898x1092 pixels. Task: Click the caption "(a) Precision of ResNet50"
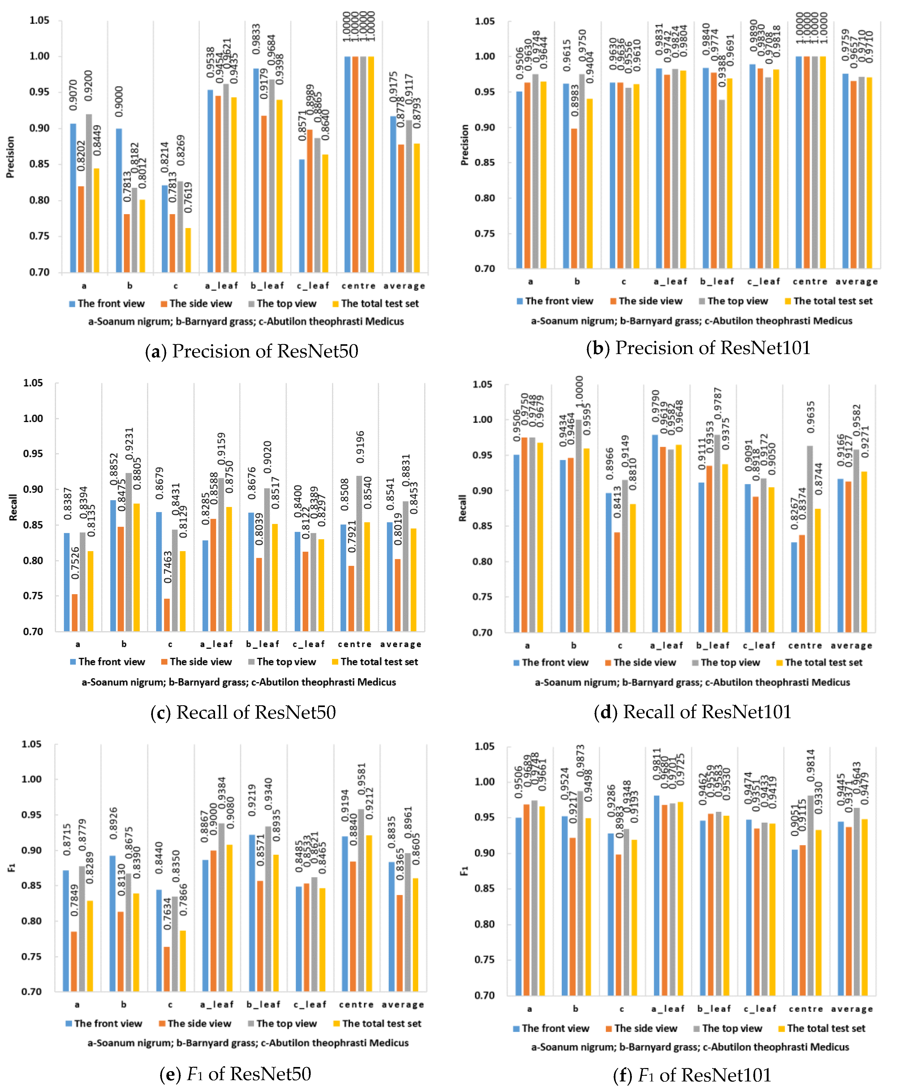click(x=251, y=351)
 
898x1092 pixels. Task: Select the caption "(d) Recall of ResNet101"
click(x=693, y=712)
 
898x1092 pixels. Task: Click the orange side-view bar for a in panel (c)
click(x=75, y=613)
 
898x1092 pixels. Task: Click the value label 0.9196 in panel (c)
click(x=360, y=447)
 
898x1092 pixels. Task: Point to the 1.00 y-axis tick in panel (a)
click(x=39, y=56)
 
